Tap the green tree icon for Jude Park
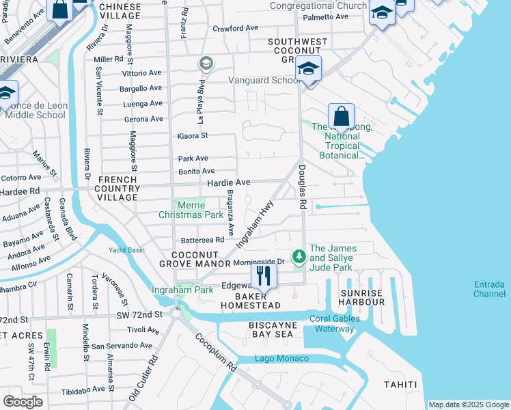tap(299, 257)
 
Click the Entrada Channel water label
tap(489, 289)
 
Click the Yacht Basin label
tap(126, 250)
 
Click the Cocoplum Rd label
tap(215, 352)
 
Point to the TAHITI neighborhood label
tap(400, 385)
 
